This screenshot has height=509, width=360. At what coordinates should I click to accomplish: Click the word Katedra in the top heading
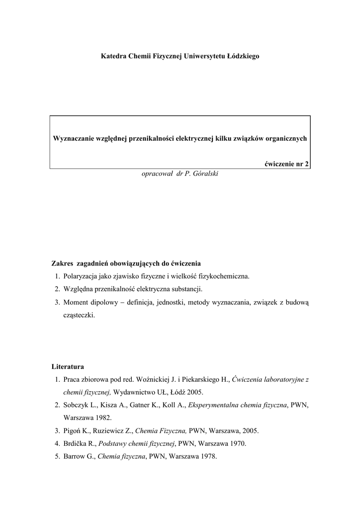click(113, 57)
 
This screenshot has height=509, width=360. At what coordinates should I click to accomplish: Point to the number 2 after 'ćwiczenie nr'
click(307, 164)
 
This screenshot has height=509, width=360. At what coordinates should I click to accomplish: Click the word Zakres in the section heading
click(63, 263)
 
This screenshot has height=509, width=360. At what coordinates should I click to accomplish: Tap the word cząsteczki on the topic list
click(79, 315)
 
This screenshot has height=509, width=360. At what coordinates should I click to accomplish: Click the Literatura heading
click(68, 367)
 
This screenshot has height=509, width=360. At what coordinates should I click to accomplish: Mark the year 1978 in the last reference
click(208, 457)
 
